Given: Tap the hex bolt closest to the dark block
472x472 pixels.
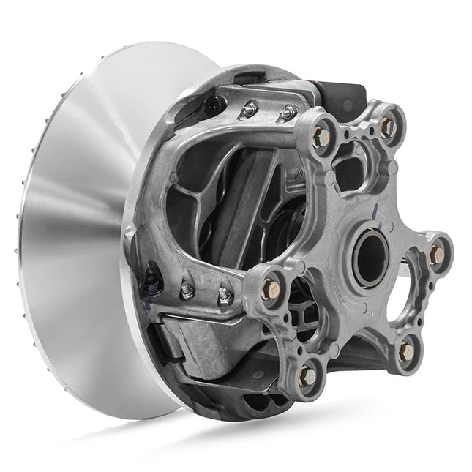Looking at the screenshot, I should click(320, 136).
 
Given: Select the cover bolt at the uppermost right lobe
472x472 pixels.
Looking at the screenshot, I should click(388, 127).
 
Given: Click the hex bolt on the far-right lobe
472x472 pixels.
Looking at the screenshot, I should click(437, 255).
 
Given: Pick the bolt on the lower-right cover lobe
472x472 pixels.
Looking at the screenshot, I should click(406, 352).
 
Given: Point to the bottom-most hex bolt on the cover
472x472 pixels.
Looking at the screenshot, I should click(308, 376).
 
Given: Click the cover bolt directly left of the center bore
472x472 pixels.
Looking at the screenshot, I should click(269, 286).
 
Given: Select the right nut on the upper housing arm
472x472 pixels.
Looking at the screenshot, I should click(287, 113).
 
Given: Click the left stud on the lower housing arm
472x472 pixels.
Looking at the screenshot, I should click(187, 291).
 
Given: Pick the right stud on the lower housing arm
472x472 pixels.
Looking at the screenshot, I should click(224, 296).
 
